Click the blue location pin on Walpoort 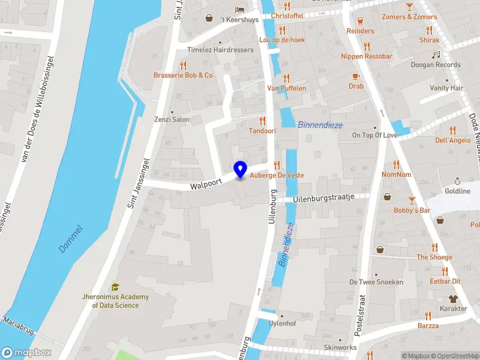click(x=241, y=170)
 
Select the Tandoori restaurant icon click(x=262, y=121)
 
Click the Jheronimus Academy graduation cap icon click(x=115, y=287)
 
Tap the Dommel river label click(x=71, y=239)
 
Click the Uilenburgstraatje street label click(x=324, y=197)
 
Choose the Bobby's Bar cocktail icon click(x=412, y=200)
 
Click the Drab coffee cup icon click(x=356, y=76)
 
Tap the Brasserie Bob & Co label click(x=183, y=75)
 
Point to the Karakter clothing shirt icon click(x=453, y=299)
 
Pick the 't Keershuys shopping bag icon click(x=209, y=18)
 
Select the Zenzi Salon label click(x=172, y=119)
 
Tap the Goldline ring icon click(x=457, y=181)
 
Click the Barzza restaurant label click(x=428, y=326)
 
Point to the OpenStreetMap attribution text click(x=454, y=356)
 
